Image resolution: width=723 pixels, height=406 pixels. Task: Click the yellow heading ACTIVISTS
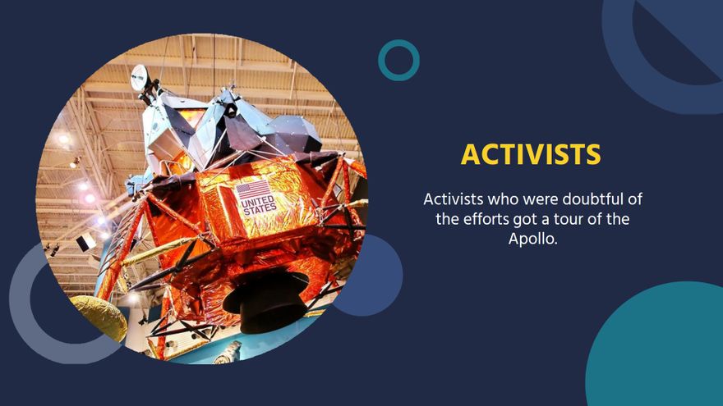click(x=530, y=154)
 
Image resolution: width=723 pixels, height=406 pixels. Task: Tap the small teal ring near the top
click(x=398, y=60)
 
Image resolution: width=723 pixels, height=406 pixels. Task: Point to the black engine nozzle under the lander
click(x=265, y=300)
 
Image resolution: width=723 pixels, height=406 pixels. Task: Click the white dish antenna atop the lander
click(x=140, y=78)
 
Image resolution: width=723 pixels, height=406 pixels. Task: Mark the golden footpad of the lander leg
click(x=97, y=316)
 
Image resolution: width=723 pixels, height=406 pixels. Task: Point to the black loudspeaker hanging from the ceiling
click(x=85, y=242)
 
